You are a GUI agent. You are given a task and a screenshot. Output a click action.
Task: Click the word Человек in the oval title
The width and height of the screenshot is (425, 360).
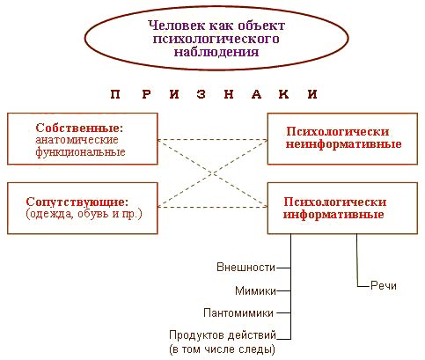[x=177, y=26]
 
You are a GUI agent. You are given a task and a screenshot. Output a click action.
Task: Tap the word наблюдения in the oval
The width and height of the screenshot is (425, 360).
[x=216, y=52]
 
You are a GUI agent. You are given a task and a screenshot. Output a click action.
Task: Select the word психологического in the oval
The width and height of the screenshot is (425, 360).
[x=216, y=39]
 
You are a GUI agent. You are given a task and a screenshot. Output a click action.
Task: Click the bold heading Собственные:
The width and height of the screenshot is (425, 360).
[x=79, y=128]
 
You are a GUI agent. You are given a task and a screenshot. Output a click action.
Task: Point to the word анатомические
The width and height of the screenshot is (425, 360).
[x=77, y=140]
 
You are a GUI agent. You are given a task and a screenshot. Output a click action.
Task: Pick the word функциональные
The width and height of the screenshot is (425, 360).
[x=80, y=151]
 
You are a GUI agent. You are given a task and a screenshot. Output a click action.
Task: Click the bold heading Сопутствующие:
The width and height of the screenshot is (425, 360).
[x=77, y=202]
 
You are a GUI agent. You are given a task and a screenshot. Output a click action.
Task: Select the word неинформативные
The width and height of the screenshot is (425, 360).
[x=344, y=144]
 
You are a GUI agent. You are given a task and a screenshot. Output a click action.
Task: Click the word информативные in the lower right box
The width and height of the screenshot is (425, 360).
[x=333, y=214]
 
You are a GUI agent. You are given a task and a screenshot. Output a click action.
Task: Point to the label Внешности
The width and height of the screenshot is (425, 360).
[x=245, y=268]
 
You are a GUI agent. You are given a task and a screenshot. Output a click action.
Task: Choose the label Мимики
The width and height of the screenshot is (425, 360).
[x=255, y=290]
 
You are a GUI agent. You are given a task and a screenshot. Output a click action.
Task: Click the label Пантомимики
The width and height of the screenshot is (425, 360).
[x=238, y=313]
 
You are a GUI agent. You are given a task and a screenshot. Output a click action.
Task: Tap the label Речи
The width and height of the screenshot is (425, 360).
[x=384, y=285]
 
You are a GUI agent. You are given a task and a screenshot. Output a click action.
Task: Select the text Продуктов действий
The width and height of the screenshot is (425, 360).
[x=223, y=335]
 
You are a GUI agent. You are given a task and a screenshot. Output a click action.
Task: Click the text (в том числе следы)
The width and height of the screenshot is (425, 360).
[x=223, y=349]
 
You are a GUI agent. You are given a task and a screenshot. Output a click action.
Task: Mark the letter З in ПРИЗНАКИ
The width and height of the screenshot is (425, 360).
[x=202, y=94]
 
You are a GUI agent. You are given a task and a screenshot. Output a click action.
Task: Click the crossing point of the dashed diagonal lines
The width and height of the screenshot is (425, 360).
[x=213, y=173]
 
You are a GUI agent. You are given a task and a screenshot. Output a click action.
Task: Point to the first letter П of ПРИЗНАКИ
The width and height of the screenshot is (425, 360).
[x=115, y=94]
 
